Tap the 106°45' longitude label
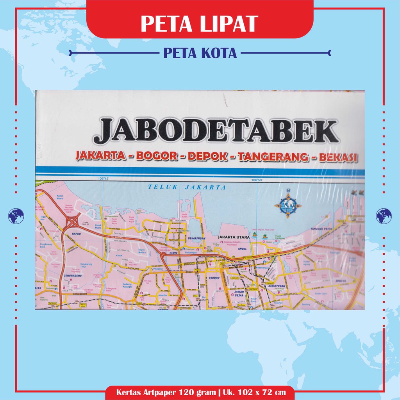[x=104, y=179]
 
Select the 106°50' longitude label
[x=257, y=180]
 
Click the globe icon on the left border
[x=16, y=215]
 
